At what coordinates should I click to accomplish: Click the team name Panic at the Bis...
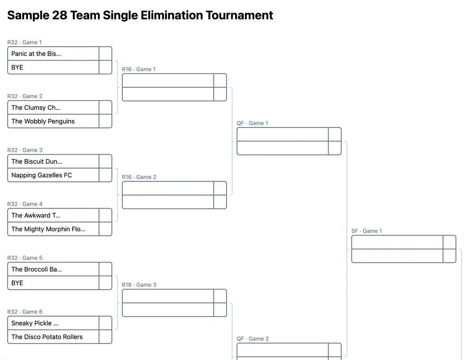point(36,54)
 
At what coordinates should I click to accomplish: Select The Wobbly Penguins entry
point(43,121)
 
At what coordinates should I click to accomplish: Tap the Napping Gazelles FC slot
point(42,175)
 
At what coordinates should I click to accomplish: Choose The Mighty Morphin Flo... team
point(48,229)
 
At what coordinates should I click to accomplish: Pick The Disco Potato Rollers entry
point(47,337)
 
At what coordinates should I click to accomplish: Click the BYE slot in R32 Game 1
point(17,67)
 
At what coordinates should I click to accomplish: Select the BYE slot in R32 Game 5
point(17,283)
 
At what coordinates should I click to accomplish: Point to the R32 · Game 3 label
point(25,150)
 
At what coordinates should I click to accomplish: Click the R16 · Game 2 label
point(139,177)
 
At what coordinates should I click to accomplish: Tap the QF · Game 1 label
point(252,123)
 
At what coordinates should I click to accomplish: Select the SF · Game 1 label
point(367,231)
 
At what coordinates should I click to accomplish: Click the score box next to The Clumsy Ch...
point(105,108)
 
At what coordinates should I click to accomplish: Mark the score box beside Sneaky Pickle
point(105,323)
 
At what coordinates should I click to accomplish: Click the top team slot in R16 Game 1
point(168,80)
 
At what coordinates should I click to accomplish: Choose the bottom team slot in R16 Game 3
point(168,310)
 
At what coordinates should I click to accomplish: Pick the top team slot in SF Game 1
point(397,242)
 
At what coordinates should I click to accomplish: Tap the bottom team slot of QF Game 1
point(283,148)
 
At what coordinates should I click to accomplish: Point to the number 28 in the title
point(59,15)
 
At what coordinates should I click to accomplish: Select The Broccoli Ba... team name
point(36,269)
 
